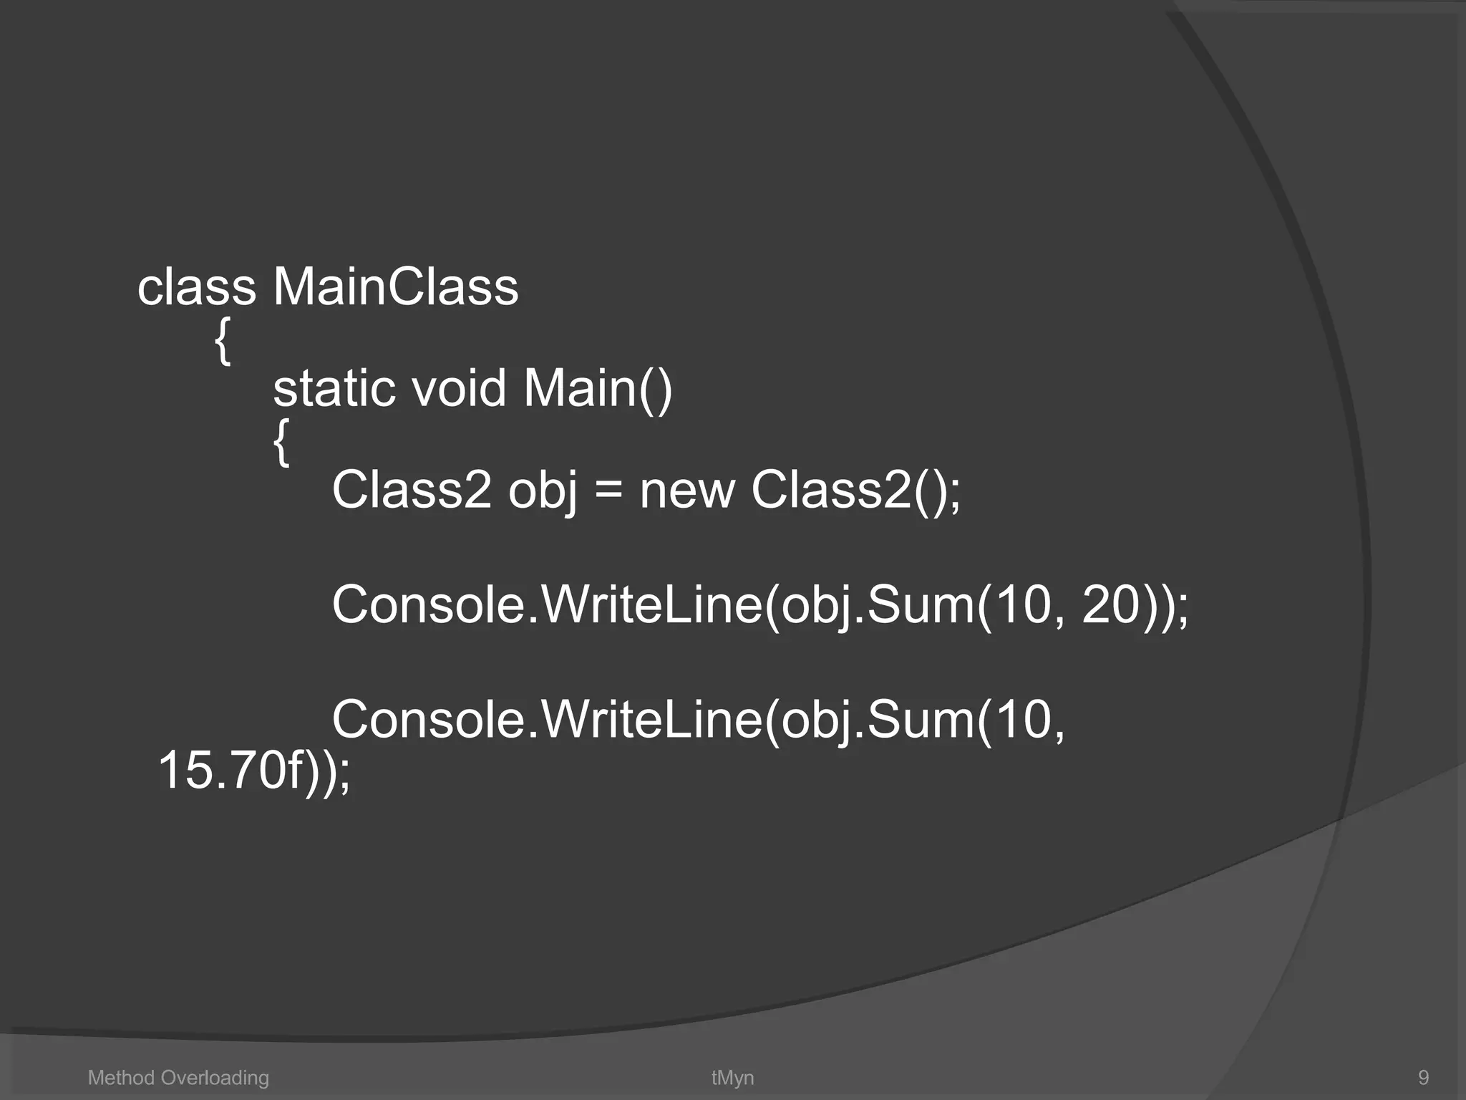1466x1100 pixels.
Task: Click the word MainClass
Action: pyautogui.click(x=395, y=288)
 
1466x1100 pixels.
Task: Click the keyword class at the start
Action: pyautogui.click(x=196, y=288)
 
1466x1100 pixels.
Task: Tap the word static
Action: pyautogui.click(x=334, y=389)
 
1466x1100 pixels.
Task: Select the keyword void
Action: pyautogui.click(x=459, y=389)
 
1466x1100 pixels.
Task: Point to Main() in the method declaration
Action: pyautogui.click(x=598, y=389)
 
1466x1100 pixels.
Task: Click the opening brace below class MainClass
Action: pyautogui.click(x=223, y=342)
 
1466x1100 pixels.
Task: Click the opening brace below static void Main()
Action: pyautogui.click(x=282, y=443)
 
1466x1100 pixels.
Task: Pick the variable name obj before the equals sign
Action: pyautogui.click(x=543, y=491)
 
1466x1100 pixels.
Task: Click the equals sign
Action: pyautogui.click(x=608, y=491)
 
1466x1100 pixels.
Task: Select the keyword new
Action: pyautogui.click(x=687, y=491)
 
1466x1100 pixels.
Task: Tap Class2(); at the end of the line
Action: pyautogui.click(x=855, y=491)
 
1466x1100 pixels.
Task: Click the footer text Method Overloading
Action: pyautogui.click(x=178, y=1078)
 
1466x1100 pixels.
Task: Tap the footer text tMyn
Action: pyautogui.click(x=732, y=1078)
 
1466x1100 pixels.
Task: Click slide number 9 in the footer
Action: pyautogui.click(x=1423, y=1078)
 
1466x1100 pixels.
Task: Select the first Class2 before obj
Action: pyautogui.click(x=412, y=491)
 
